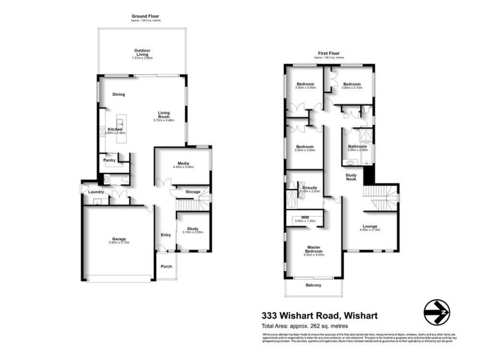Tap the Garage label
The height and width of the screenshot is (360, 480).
[x=119, y=239]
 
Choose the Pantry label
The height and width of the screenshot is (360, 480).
[x=109, y=160]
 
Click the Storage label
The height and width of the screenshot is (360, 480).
[x=193, y=192]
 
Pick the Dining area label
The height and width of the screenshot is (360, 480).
[x=119, y=95]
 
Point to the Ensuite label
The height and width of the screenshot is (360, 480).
[x=310, y=188]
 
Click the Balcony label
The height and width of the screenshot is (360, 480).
[x=313, y=285]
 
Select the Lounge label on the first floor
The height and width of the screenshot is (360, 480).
[x=370, y=226]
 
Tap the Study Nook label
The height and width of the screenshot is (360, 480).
[x=352, y=178]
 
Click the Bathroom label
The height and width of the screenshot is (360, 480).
[x=357, y=146]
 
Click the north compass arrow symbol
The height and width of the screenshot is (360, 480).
[x=436, y=311]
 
